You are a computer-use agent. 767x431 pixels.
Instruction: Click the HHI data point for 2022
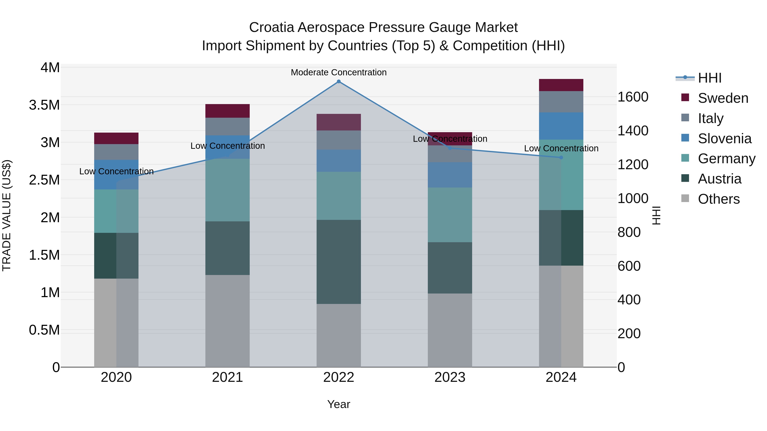coord(339,82)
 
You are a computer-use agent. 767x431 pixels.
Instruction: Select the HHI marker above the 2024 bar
coord(561,157)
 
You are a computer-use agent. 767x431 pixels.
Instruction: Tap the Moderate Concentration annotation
coord(339,72)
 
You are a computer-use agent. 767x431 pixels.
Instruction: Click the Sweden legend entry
coord(723,98)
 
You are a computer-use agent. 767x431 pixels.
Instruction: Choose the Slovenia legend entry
coord(724,139)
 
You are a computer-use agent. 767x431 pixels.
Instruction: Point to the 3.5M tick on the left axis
coord(44,105)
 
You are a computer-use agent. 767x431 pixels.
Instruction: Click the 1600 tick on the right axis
coord(633,97)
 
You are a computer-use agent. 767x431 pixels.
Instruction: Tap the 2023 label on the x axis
coord(450,377)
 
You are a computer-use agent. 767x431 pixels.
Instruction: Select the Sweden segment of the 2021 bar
coord(228,111)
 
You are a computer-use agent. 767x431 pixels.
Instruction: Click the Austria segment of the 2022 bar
coord(339,262)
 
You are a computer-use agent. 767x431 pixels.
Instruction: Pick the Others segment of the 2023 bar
coord(450,330)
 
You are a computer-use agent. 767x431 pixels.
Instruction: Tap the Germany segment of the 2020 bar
coord(116,211)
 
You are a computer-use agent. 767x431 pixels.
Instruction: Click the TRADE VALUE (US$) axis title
coord(7,215)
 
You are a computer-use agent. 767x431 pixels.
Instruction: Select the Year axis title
coord(339,404)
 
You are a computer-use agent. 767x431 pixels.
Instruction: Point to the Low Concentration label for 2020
coord(116,171)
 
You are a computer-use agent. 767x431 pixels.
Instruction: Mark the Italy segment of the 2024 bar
coord(561,102)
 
